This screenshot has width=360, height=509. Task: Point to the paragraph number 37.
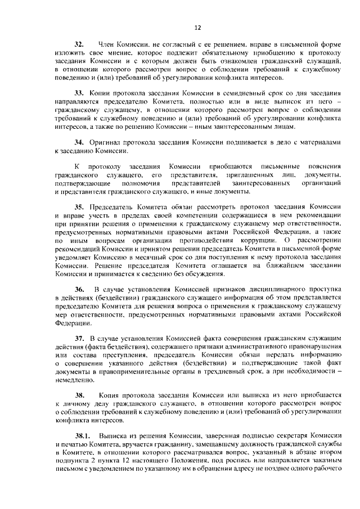click(x=79, y=338)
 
